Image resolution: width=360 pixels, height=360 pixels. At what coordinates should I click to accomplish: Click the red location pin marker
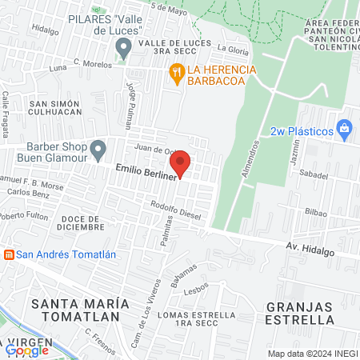coord(182,162)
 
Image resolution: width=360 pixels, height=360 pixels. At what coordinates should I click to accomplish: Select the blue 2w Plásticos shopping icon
coord(344,127)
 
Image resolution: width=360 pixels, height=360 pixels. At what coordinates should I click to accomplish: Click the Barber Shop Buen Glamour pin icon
coord(98,149)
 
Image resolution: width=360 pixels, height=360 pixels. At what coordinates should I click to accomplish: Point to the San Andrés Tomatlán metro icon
coord(9,254)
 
